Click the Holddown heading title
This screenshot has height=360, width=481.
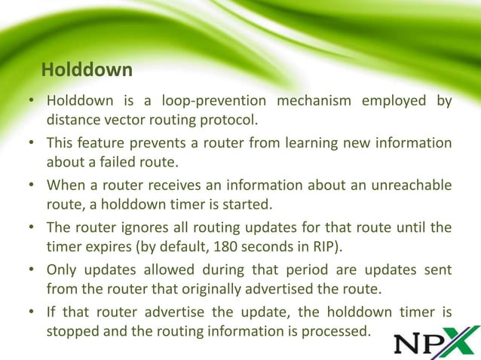[x=87, y=71]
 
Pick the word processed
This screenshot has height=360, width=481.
[x=337, y=328]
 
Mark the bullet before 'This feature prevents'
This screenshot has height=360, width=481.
[x=33, y=144]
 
